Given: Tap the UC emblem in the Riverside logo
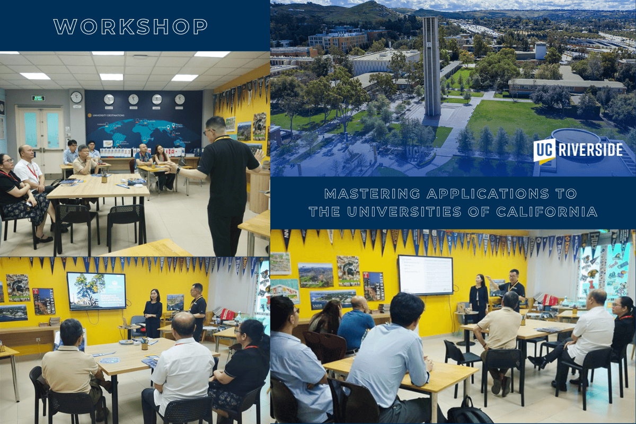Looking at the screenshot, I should (544, 150).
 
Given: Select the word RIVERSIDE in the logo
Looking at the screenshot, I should (590, 150).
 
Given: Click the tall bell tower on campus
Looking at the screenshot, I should (431, 66).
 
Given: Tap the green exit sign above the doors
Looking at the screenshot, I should (38, 98).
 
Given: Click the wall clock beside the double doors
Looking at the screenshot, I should (76, 97).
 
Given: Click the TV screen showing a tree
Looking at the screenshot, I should (96, 290).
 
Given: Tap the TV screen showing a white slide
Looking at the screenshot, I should (426, 275).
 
